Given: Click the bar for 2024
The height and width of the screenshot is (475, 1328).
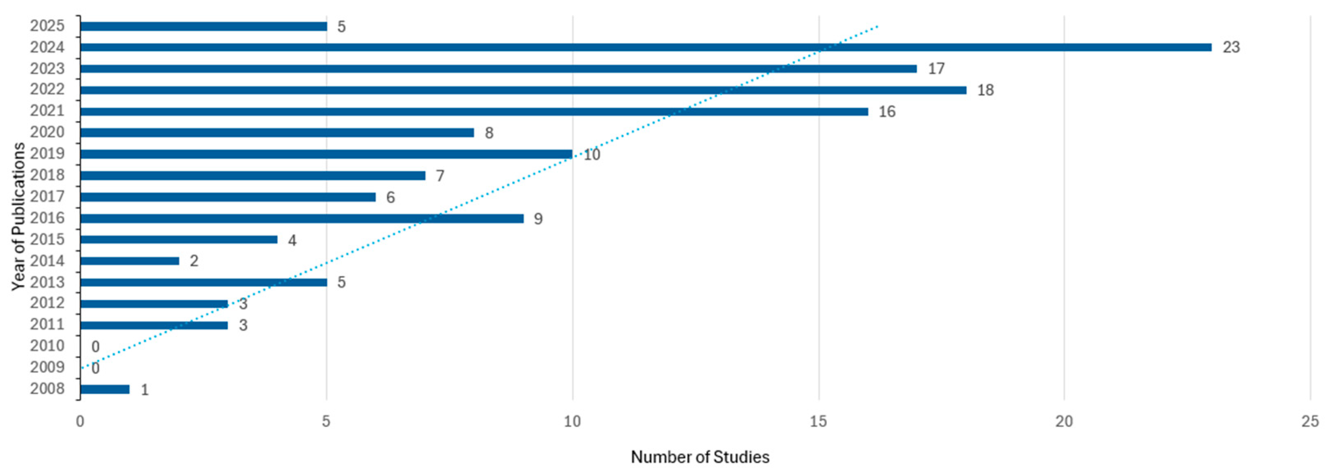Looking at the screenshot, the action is (646, 48).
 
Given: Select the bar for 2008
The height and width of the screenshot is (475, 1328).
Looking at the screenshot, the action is (105, 389).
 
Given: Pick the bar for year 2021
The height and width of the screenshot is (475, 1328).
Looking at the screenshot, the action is (474, 111).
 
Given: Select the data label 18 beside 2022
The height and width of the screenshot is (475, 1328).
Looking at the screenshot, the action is (985, 90).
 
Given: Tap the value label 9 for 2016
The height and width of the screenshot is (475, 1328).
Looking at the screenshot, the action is (538, 219).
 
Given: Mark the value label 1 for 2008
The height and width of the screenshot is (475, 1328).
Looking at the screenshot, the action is (145, 390).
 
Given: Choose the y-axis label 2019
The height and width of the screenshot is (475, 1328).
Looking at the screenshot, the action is (48, 154).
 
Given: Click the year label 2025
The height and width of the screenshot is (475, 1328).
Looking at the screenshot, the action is (48, 26).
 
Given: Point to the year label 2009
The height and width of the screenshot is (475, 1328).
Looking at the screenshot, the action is (48, 367).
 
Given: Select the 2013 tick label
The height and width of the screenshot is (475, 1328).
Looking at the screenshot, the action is (48, 282).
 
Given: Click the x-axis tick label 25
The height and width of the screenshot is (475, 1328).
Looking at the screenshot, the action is (1310, 422).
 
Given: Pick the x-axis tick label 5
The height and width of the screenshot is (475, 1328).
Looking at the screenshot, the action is (326, 422).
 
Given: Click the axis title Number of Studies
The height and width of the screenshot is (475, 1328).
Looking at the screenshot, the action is (700, 457).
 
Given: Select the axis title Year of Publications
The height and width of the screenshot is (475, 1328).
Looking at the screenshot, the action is (18, 217).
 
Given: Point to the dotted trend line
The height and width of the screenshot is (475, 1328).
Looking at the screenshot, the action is (479, 197).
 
